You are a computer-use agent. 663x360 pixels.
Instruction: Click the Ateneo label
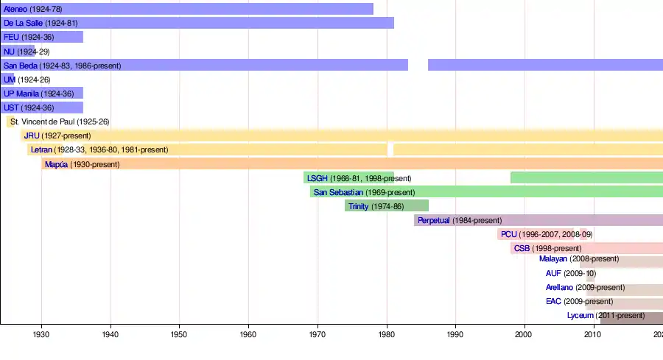16,9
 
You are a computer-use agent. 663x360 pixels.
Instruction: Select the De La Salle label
24,23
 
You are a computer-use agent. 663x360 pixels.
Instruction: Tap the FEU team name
11,37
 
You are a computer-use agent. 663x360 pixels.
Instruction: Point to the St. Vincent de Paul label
43,121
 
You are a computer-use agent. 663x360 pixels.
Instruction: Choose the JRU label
32,135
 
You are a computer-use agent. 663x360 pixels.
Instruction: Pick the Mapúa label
56,164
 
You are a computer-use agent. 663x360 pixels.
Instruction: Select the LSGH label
318,178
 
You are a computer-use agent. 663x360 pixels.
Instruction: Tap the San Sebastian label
338,192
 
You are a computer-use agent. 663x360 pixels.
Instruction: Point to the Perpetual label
433,220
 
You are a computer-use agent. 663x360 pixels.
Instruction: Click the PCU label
508,234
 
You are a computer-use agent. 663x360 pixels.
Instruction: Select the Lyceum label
580,315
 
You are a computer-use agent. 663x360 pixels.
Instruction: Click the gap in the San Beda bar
418,65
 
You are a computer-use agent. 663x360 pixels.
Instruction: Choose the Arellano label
559,287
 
